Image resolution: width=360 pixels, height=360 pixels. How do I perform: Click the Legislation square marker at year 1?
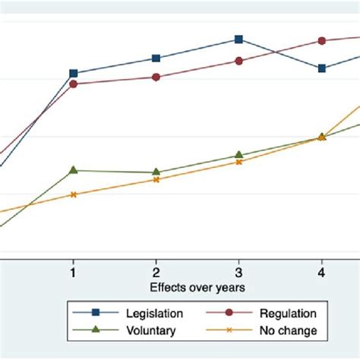[73, 74]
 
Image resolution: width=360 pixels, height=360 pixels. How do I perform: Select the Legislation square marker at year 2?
[156, 58]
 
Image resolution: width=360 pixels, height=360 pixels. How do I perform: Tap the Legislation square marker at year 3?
[238, 39]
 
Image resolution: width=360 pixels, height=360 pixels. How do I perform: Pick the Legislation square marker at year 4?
[321, 68]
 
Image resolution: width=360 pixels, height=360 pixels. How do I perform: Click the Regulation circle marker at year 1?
[73, 84]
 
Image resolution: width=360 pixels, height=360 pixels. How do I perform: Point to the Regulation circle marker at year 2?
[156, 77]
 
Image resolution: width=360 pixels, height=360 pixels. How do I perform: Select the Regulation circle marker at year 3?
[238, 61]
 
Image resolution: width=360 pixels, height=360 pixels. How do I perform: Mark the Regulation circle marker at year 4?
[321, 41]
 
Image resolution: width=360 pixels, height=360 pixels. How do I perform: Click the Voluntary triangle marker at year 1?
[73, 170]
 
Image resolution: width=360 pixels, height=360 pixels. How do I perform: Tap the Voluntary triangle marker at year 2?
[156, 172]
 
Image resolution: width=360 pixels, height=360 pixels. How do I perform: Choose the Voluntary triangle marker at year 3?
[238, 155]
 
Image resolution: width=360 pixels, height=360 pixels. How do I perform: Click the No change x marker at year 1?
[73, 194]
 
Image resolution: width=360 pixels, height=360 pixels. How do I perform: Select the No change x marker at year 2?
[156, 180]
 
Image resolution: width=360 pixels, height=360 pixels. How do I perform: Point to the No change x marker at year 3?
[238, 162]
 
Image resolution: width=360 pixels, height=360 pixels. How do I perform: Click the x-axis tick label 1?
[73, 272]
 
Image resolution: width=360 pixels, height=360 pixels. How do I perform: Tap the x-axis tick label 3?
[238, 272]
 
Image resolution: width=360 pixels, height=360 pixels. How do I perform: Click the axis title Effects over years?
[197, 287]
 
